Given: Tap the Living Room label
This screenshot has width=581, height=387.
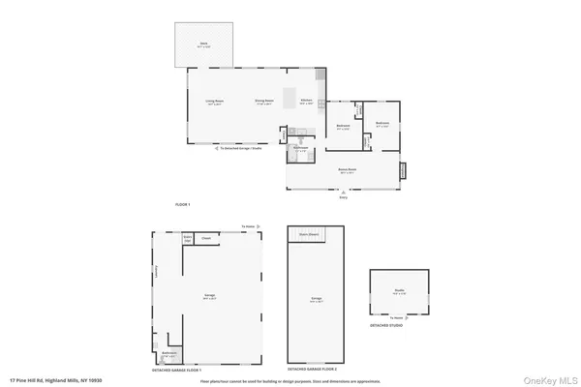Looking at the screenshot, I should pyautogui.click(x=214, y=103).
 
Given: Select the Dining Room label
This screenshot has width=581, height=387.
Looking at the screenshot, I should pyautogui.click(x=263, y=103).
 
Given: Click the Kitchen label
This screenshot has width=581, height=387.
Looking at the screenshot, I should pyautogui.click(x=306, y=102).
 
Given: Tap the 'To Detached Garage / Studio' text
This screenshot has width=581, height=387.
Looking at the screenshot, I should pyautogui.click(x=241, y=149).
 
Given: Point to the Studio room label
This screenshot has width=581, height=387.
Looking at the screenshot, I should pyautogui.click(x=398, y=289).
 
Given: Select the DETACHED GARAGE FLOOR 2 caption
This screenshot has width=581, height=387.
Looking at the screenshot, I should pyautogui.click(x=312, y=371).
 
